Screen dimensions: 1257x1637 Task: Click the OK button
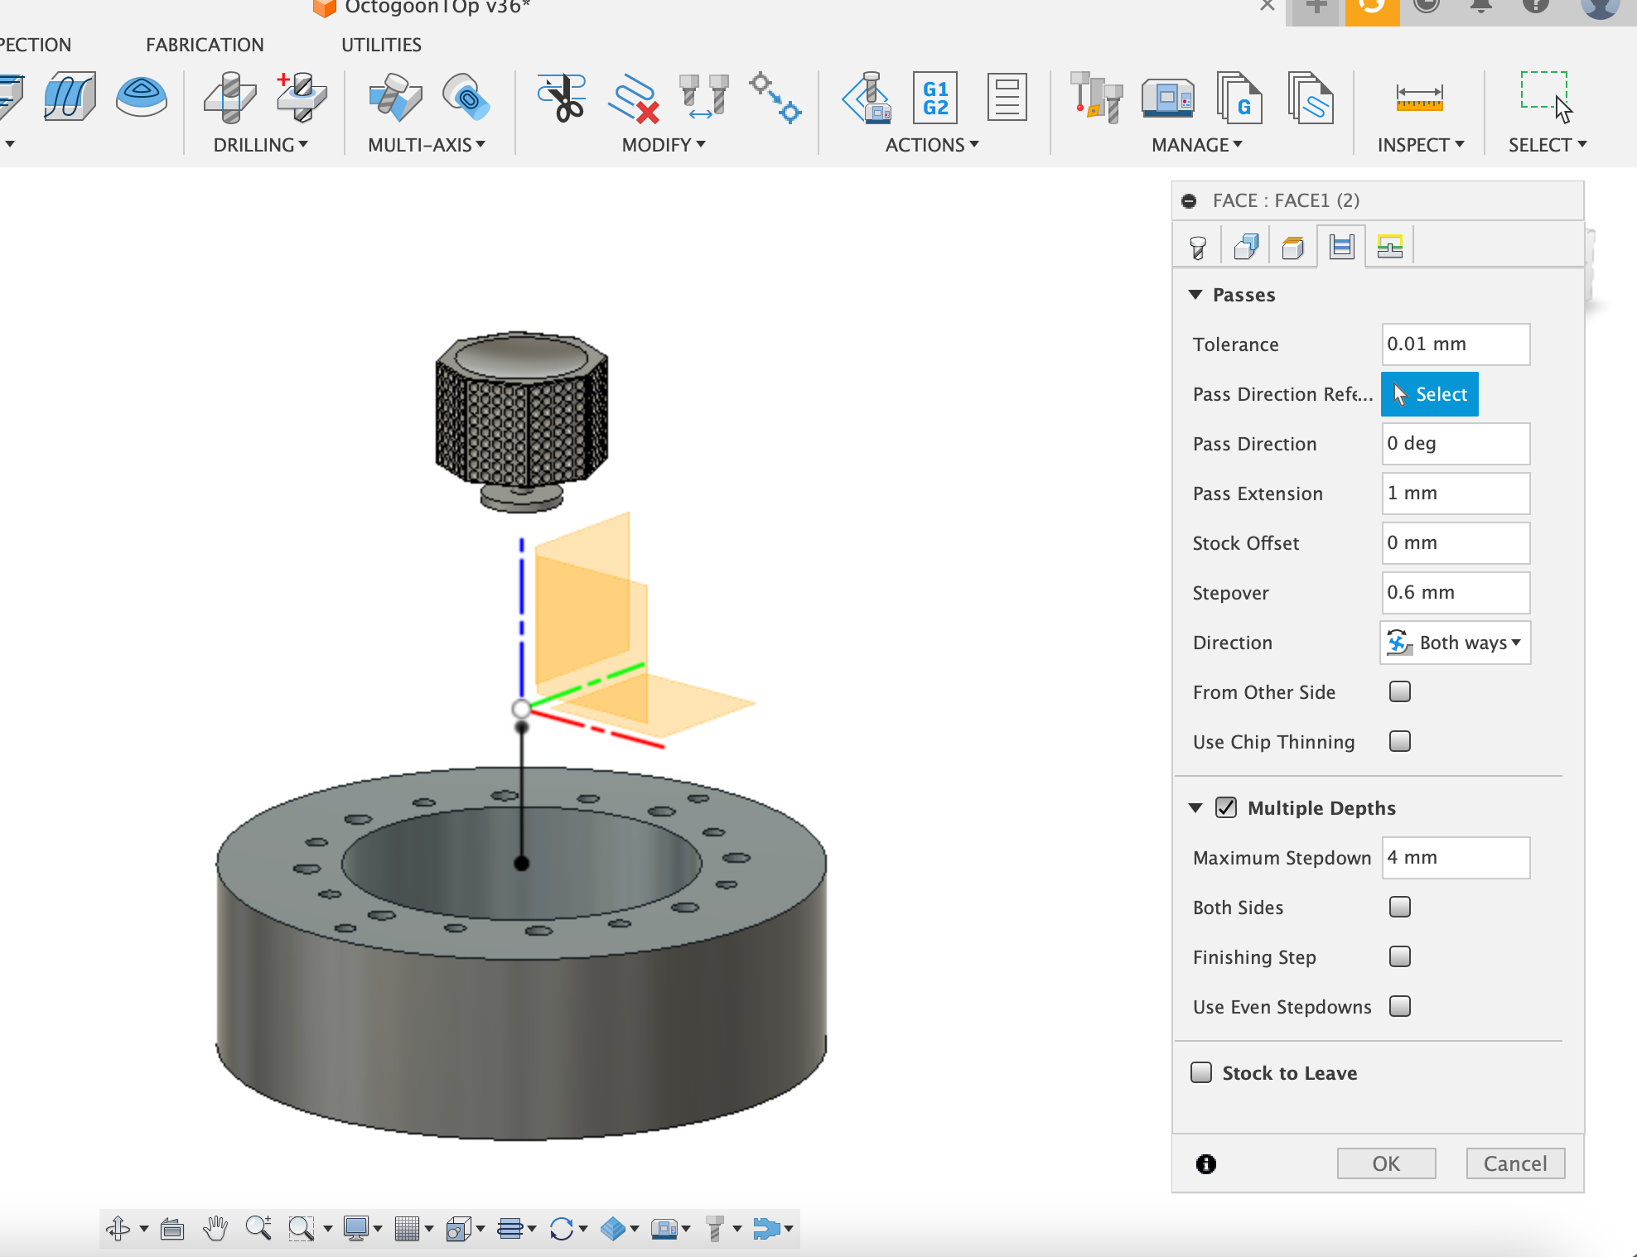click(1385, 1163)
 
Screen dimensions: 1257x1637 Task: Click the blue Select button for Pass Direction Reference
click(1429, 394)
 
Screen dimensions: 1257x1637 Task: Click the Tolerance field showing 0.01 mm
click(1455, 344)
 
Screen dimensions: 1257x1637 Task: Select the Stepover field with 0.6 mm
click(1455, 593)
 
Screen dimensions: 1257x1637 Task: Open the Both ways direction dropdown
click(1455, 643)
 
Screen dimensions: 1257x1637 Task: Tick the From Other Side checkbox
click(1399, 691)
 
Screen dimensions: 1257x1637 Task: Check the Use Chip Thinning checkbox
click(1399, 741)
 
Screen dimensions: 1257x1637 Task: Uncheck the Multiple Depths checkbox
click(1225, 807)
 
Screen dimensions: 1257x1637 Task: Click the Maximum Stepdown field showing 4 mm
click(1455, 858)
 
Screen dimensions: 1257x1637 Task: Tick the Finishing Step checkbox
click(1399, 956)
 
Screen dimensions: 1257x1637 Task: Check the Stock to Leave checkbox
click(1200, 1072)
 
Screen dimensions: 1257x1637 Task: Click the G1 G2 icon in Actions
click(934, 99)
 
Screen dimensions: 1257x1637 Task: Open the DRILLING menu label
click(260, 145)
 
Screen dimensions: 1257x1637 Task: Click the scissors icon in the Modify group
click(563, 99)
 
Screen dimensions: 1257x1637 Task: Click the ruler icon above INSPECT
click(1419, 99)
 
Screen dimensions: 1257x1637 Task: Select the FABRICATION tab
click(205, 45)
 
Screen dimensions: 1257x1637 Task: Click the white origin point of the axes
click(521, 709)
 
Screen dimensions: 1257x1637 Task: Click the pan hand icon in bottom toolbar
click(215, 1228)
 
